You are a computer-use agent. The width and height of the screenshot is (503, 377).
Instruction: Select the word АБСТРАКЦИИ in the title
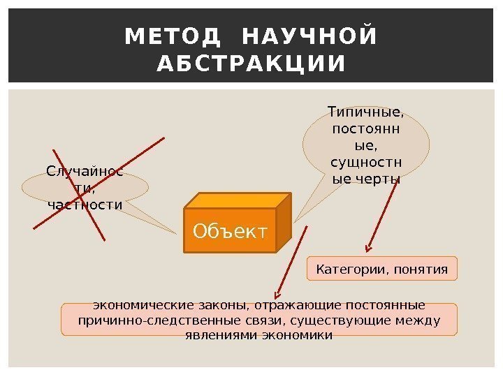(x=251, y=64)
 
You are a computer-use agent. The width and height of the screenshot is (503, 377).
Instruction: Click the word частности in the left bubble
(x=85, y=205)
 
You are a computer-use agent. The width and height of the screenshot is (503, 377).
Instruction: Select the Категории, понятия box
(x=381, y=268)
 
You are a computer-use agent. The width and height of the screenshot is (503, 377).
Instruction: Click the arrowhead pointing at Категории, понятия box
(x=368, y=247)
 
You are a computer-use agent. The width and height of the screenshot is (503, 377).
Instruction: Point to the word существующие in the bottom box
(x=353, y=320)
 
